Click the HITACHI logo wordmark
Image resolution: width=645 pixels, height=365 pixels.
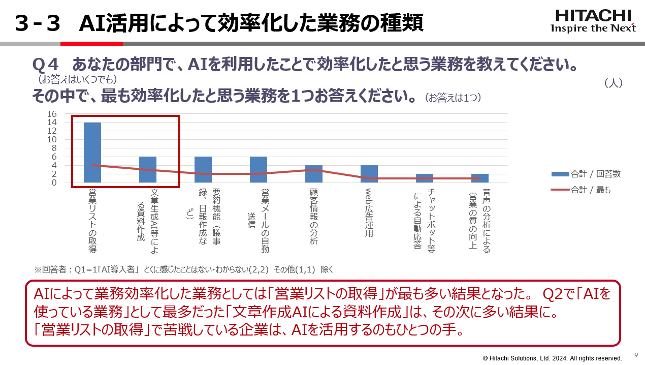593,15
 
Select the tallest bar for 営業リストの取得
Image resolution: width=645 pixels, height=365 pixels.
92,153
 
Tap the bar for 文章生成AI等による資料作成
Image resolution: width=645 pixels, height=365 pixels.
148,169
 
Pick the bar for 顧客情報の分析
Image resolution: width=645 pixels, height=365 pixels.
314,174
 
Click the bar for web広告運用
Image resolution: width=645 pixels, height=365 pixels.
369,174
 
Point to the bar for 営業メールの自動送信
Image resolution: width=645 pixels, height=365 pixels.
259,169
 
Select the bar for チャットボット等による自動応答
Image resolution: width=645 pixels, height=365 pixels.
425,178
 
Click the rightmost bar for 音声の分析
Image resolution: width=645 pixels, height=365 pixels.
480,178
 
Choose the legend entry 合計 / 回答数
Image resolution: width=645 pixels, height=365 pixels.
586,174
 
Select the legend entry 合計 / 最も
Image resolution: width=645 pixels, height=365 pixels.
581,190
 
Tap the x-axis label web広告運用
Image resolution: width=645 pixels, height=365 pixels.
369,213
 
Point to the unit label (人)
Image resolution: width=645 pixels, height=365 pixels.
614,83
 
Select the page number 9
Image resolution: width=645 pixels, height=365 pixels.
636,355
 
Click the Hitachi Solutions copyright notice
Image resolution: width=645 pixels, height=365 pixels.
552,358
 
